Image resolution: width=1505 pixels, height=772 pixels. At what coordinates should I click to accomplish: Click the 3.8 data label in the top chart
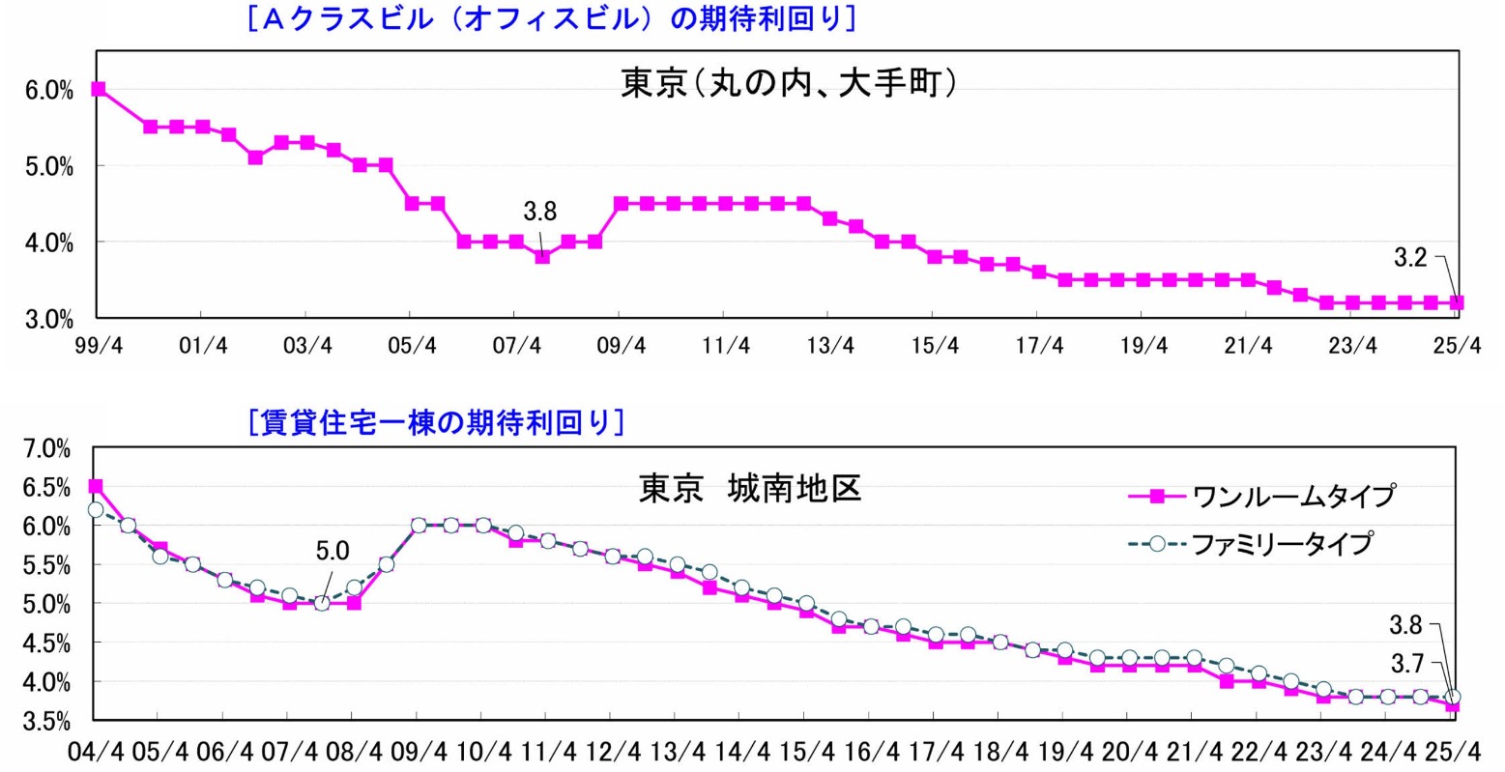539,212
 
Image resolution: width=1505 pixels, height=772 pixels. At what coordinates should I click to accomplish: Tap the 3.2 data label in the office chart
1409,257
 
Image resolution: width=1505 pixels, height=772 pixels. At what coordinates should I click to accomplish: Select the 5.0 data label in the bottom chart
332,551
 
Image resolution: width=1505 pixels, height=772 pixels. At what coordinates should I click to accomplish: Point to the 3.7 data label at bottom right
1405,663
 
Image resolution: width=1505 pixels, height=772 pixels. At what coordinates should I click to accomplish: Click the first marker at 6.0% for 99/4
98,89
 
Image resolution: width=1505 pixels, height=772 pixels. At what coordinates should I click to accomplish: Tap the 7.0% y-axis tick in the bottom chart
46,449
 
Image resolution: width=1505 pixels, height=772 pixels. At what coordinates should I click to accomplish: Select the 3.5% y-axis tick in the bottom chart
46,721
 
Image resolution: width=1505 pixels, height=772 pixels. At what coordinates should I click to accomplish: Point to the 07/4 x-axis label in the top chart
516,346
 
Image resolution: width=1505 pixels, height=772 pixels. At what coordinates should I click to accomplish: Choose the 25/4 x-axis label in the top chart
1457,346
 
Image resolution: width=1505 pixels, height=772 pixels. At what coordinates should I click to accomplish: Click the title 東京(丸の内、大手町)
789,84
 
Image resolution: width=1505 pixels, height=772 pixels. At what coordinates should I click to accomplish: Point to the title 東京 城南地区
749,489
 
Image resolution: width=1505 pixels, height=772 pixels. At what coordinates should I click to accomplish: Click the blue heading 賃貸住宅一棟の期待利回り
436,423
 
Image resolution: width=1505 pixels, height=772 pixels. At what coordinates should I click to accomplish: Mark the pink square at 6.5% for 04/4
95,487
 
